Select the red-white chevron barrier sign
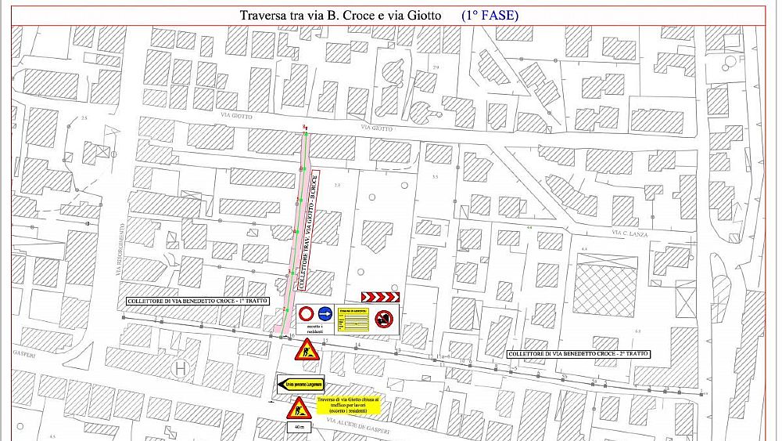coord(380,297)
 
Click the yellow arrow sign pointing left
coord(300,385)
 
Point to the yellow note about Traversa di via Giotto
coord(348,405)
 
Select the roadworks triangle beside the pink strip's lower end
coord(304,349)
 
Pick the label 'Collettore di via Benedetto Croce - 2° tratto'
coord(578,354)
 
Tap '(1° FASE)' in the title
coord(490,15)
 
